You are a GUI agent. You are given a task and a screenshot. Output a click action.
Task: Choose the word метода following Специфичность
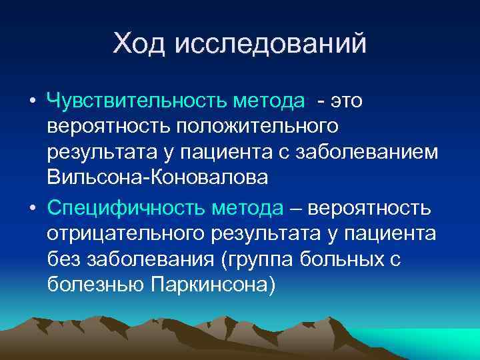click(248, 208)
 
